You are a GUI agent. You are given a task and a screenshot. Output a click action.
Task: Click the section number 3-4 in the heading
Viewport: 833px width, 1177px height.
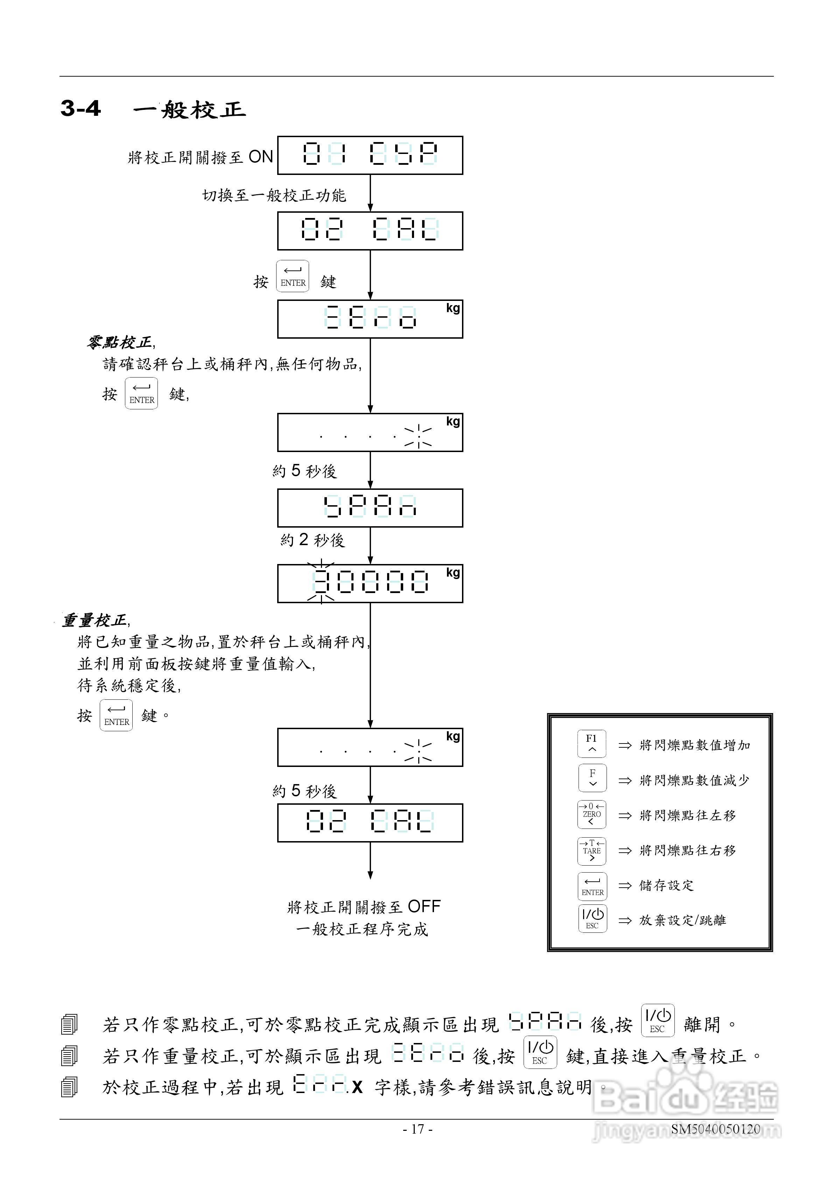80,108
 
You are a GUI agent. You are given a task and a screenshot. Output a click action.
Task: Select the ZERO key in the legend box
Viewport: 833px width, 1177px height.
591,814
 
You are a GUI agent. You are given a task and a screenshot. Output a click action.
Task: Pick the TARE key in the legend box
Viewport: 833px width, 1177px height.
591,851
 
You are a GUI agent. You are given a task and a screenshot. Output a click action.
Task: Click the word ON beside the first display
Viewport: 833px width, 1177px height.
260,157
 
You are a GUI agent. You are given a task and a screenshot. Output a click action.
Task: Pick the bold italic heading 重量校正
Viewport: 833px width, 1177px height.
95,620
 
